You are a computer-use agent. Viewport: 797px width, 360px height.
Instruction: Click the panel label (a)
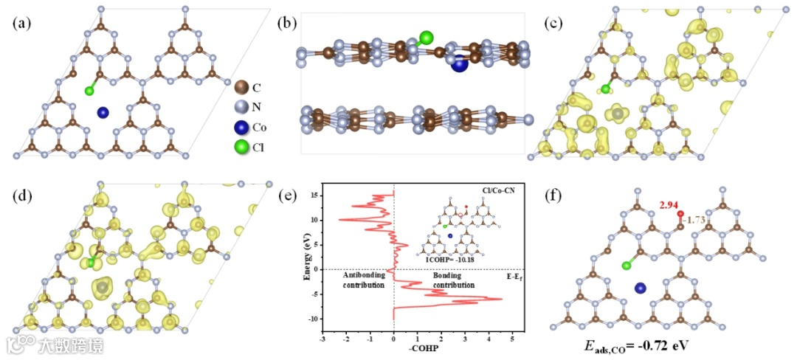[23, 22]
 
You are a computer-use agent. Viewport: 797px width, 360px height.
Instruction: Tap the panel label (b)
[288, 22]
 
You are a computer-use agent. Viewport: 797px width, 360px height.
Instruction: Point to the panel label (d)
[23, 195]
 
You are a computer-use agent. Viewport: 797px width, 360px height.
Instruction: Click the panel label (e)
[288, 195]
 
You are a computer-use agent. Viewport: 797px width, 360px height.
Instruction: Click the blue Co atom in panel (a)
[103, 113]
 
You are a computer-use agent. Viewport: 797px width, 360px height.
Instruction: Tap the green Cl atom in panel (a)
[89, 91]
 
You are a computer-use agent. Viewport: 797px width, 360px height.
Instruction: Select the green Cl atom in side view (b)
[426, 37]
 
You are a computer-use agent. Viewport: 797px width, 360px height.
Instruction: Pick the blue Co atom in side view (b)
[460, 64]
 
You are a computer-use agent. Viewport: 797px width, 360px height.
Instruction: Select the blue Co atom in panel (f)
[641, 288]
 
